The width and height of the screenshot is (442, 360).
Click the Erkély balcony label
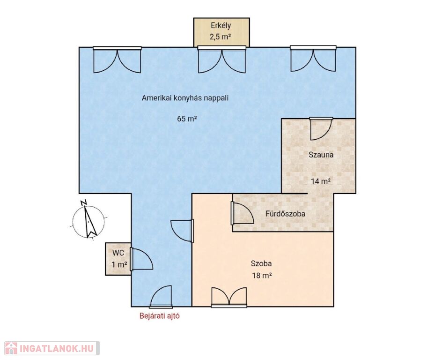pos(221,26)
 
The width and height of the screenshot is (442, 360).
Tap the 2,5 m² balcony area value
pos(221,37)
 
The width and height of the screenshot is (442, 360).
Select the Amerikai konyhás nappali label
pos(185,98)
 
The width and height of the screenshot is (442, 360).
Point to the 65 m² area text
pos(187,119)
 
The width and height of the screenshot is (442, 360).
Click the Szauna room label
pos(321,155)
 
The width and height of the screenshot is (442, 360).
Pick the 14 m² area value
pos(321,181)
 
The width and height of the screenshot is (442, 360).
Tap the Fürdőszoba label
pos(285,214)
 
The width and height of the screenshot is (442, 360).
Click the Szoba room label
pos(261,263)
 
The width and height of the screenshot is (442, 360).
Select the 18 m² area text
pos(262,275)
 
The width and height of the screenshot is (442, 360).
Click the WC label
pos(118,253)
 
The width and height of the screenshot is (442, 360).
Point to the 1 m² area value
pos(119,265)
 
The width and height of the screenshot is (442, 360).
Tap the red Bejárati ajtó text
pos(160,316)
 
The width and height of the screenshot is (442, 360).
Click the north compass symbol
pos(88,220)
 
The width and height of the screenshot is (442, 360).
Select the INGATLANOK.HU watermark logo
pos(52,348)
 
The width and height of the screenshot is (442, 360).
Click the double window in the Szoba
pos(229,297)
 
